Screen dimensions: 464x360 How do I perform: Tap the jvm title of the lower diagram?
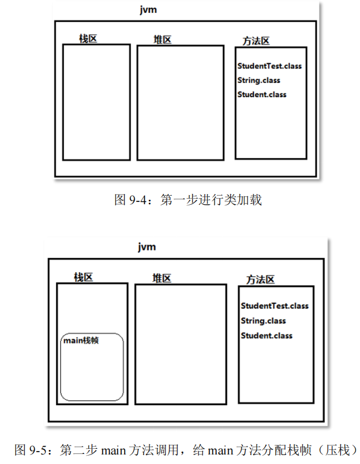tap(147, 247)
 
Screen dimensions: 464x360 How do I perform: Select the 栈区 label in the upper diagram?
tap(88, 39)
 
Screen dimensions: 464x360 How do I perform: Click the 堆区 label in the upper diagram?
tap(162, 39)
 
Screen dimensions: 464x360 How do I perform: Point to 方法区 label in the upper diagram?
tap(256, 41)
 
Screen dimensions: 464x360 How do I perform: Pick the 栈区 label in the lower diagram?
tap(84, 277)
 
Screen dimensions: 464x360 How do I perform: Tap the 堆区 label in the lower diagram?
tap(162, 278)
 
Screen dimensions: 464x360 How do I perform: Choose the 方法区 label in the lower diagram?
tap(260, 279)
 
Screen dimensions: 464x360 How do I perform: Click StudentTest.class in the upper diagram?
tap(269, 66)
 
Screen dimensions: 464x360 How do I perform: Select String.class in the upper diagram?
tap(258, 80)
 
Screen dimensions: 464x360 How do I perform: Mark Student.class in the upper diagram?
tap(262, 94)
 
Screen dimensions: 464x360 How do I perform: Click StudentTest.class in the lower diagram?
tap(275, 306)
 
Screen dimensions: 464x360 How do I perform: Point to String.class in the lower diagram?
tap(263, 321)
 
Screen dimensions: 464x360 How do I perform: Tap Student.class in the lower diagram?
tap(266, 336)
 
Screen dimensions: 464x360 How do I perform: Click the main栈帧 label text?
tap(81, 340)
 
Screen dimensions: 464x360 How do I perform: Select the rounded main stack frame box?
tap(92, 373)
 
